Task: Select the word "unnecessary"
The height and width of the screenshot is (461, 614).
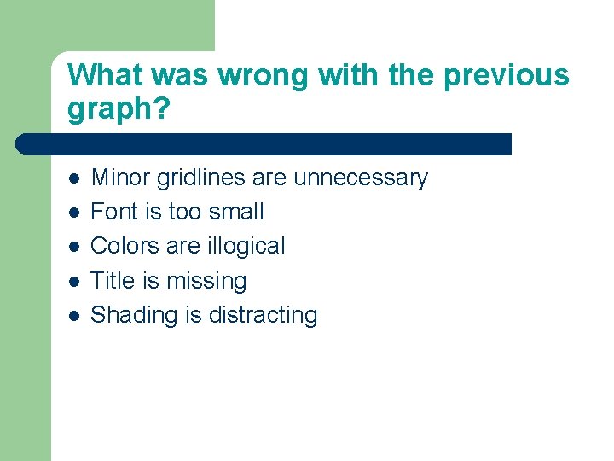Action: tap(361, 178)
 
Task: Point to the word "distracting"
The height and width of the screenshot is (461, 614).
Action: tap(261, 315)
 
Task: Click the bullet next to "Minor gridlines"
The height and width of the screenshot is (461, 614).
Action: tap(74, 178)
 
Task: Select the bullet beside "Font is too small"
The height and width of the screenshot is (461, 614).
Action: tap(74, 213)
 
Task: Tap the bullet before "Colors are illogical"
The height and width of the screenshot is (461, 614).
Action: tap(74, 247)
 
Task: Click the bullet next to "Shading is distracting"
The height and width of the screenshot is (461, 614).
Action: tap(74, 315)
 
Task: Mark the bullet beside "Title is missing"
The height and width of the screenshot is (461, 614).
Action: tap(74, 281)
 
